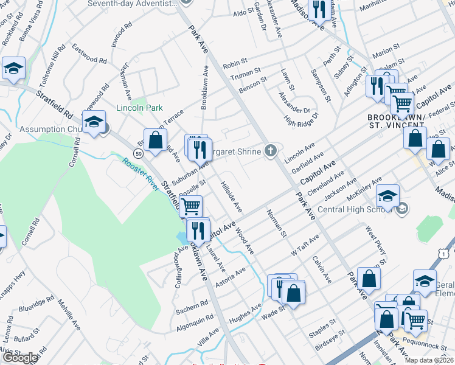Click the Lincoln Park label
tap(139, 108)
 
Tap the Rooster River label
tap(142, 173)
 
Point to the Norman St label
tap(276, 222)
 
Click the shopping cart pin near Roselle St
tap(191, 206)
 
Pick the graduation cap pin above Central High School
tap(387, 195)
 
